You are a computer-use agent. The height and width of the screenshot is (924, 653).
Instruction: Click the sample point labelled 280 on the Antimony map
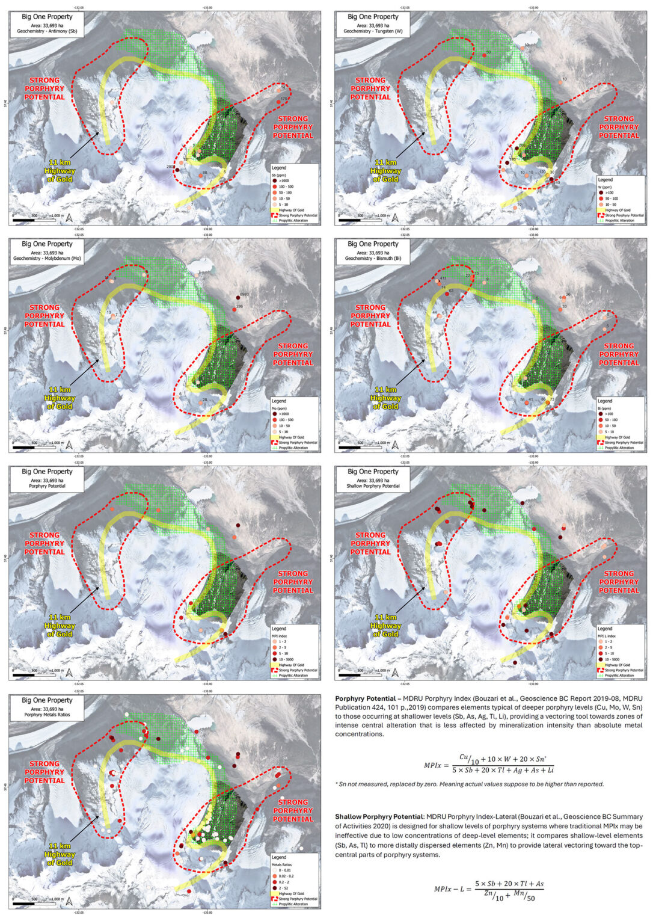point(177,170)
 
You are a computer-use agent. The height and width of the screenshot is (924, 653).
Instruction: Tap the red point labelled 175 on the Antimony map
point(278,102)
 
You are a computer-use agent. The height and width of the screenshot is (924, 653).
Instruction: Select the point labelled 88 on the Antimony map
point(201,176)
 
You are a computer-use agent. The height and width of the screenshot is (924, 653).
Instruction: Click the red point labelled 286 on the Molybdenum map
point(234,310)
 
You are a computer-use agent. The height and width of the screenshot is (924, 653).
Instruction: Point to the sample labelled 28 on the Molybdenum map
point(201,403)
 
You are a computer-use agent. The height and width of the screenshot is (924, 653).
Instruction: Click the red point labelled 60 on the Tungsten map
point(484,56)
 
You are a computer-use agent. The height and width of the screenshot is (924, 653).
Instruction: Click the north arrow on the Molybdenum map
point(69,445)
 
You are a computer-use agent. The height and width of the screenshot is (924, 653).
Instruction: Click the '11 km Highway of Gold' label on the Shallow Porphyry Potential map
point(385,626)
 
